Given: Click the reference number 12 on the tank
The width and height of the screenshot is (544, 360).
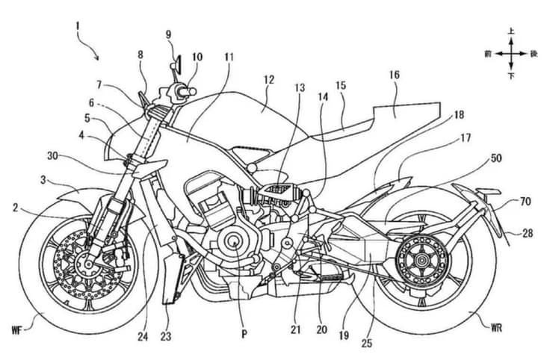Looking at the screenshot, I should (x=268, y=78).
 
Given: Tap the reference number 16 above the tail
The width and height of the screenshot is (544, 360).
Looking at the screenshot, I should (x=394, y=75).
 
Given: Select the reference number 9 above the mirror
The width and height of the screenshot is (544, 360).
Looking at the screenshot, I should (x=168, y=35).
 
